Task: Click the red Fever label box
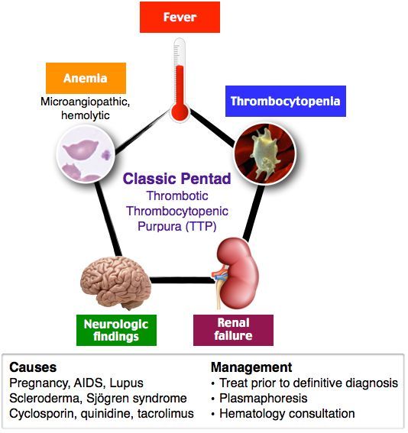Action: click(180, 17)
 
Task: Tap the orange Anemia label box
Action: click(85, 78)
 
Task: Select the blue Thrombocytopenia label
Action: click(285, 101)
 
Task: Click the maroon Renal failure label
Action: click(233, 330)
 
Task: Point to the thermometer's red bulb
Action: click(180, 112)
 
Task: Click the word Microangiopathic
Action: click(83, 101)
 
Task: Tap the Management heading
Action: click(251, 367)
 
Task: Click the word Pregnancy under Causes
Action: click(36, 383)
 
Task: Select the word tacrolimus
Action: click(168, 413)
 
